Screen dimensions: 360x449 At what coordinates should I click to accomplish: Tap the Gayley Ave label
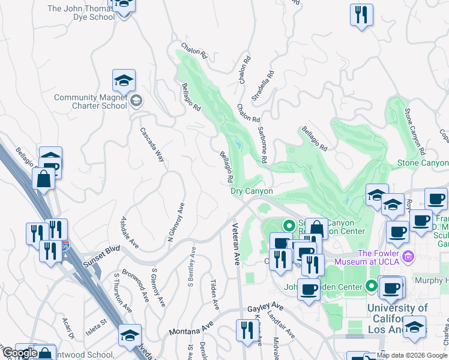265,308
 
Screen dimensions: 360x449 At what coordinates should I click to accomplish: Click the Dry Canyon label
252,191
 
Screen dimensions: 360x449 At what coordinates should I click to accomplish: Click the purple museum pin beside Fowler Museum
409,257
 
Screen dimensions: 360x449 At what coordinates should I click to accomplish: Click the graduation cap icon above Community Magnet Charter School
124,80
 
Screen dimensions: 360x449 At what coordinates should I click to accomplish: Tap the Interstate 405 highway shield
65,245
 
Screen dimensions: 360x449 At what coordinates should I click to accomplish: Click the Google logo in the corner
19,353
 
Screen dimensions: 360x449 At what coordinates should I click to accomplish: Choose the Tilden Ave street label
213,294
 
